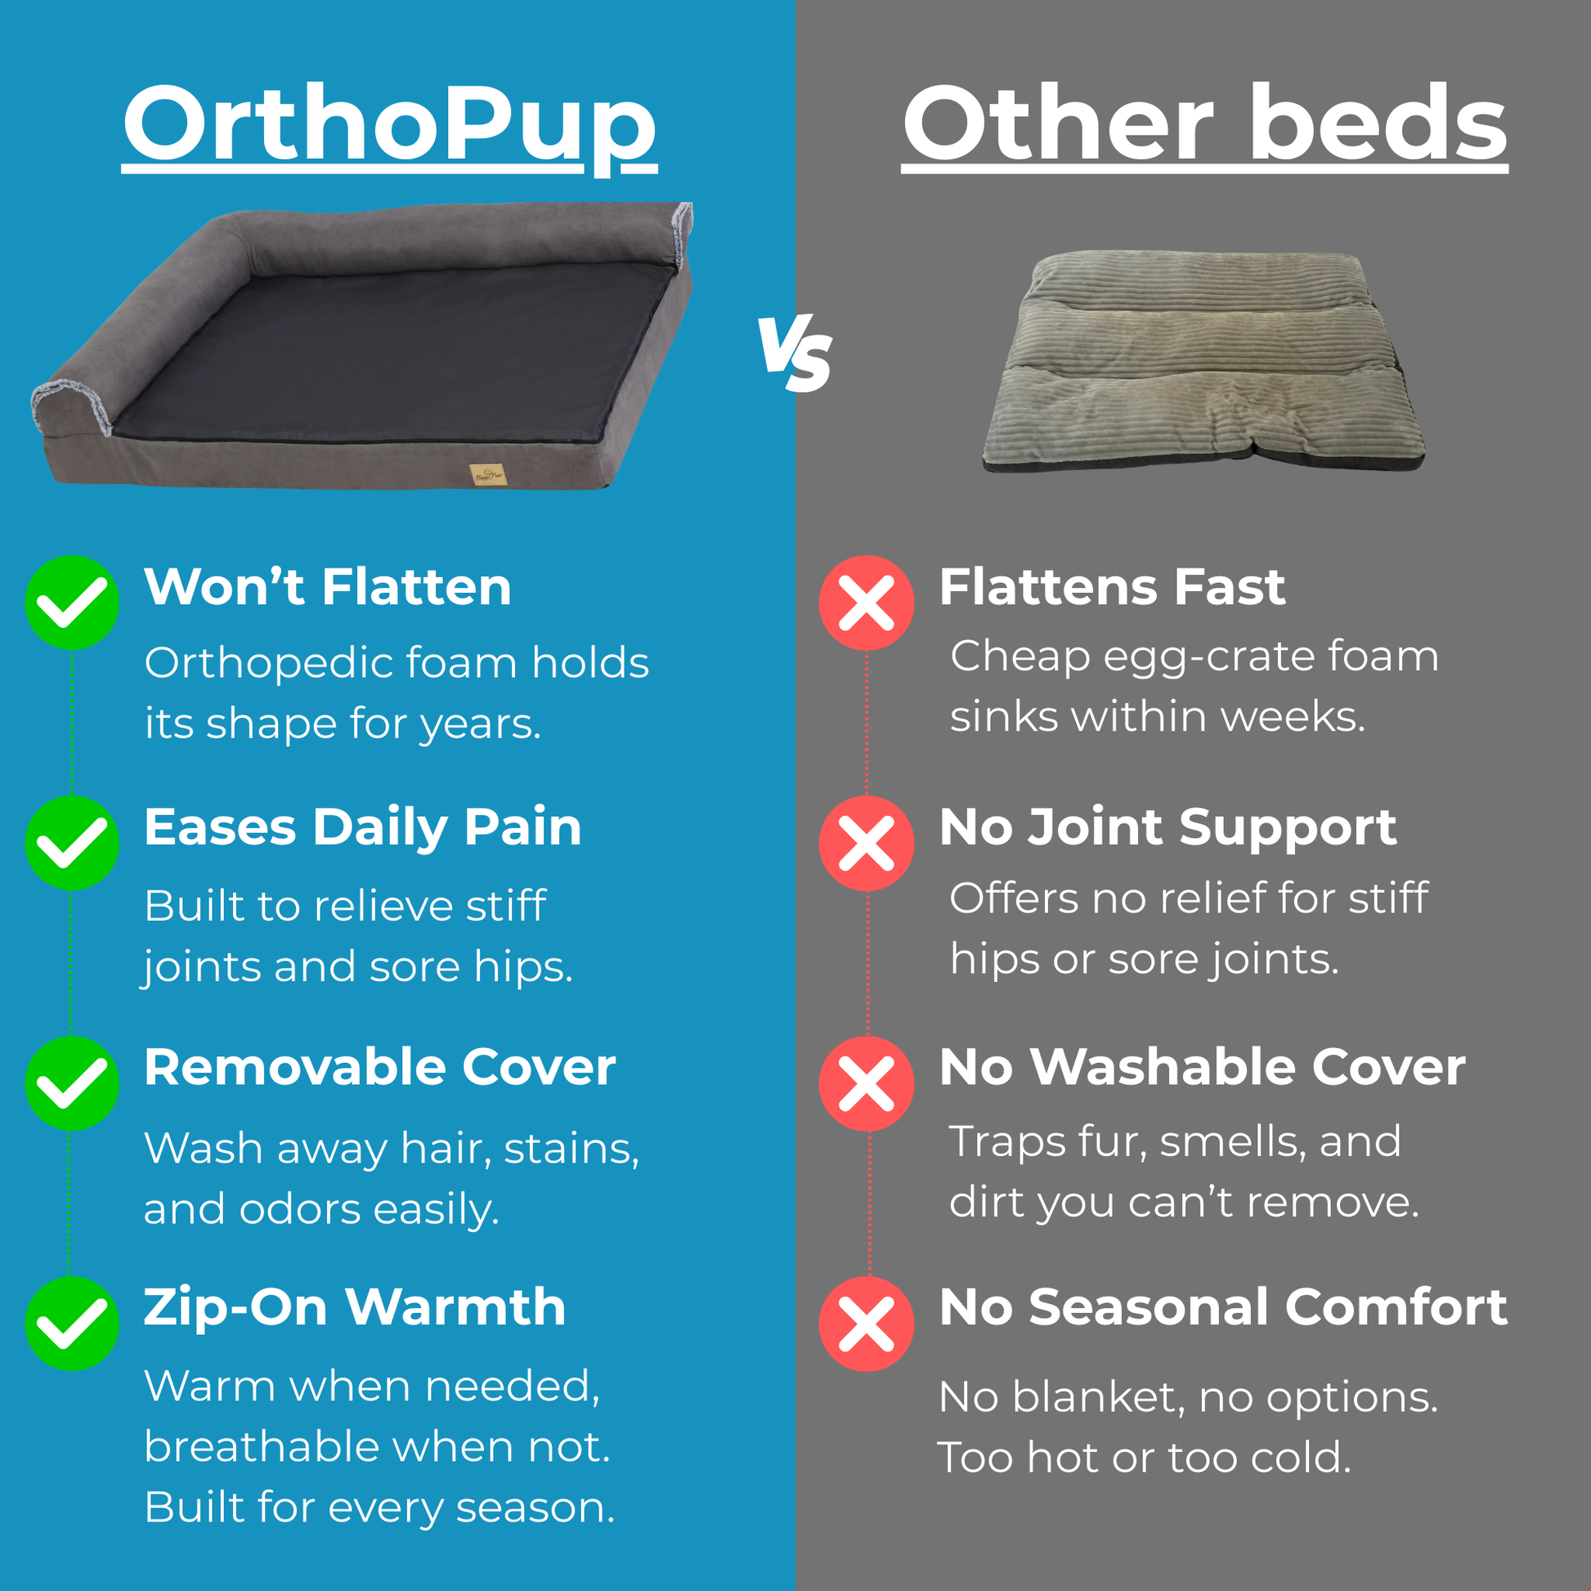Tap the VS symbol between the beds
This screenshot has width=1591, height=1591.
pos(795,352)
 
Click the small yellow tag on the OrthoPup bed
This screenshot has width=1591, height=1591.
pos(487,474)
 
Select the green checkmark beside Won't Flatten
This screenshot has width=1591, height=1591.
pos(72,603)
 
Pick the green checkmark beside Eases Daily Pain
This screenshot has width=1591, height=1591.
pos(72,842)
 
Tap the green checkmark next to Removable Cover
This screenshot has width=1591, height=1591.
pos(72,1083)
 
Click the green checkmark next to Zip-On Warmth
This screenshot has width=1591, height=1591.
pos(72,1324)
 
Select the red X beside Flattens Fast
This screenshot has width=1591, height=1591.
pos(867,603)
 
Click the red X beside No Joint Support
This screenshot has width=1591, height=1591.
pos(867,842)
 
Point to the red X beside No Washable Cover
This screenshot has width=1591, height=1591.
pos(867,1083)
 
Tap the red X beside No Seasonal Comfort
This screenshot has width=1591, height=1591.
pos(867,1324)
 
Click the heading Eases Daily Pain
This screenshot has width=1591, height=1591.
pos(363,827)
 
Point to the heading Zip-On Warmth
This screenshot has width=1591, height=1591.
pos(355,1308)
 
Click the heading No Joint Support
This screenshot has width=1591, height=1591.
pos(1167,827)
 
